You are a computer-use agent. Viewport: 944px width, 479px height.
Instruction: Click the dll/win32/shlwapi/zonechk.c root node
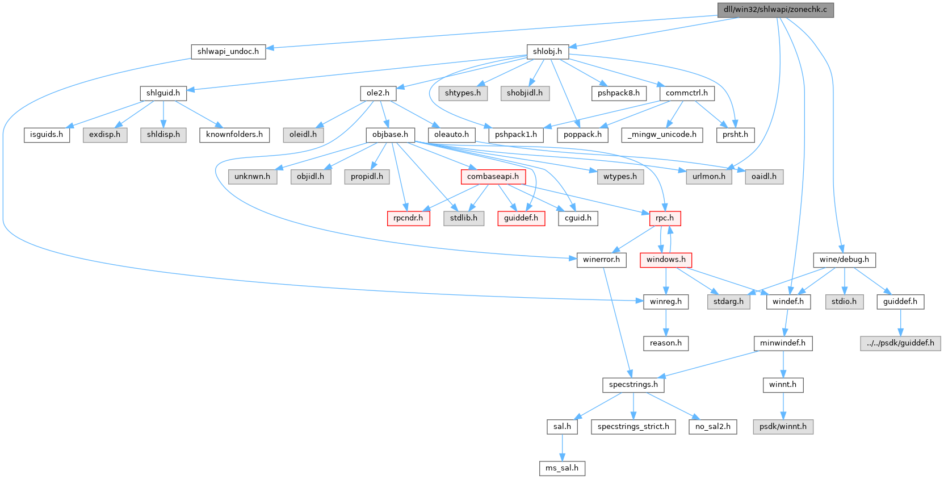pyautogui.click(x=775, y=10)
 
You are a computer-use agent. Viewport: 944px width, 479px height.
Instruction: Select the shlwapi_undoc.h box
pyautogui.click(x=228, y=51)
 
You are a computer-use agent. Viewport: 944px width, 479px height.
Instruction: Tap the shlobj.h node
pyautogui.click(x=547, y=51)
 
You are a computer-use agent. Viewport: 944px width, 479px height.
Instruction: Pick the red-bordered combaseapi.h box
pyautogui.click(x=493, y=177)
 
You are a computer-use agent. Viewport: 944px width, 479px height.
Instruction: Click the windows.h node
pyautogui.click(x=666, y=260)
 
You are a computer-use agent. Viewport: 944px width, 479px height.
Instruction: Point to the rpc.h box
pyautogui.click(x=665, y=218)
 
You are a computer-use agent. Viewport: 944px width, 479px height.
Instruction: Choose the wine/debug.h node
pyautogui.click(x=844, y=260)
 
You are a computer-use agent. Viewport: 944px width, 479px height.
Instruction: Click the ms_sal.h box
pyautogui.click(x=562, y=468)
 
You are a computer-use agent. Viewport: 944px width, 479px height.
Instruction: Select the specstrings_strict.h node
pyautogui.click(x=633, y=427)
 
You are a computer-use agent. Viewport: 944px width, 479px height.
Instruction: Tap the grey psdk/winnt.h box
pyautogui.click(x=783, y=427)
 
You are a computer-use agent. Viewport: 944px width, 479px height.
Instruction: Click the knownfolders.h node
pyautogui.click(x=234, y=135)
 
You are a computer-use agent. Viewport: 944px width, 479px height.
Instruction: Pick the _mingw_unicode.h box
pyautogui.click(x=662, y=135)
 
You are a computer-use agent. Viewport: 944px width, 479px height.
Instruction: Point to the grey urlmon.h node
pyautogui.click(x=708, y=177)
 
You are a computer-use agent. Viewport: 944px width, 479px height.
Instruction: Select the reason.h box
pyautogui.click(x=666, y=343)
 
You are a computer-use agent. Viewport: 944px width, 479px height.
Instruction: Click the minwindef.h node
pyautogui.click(x=783, y=343)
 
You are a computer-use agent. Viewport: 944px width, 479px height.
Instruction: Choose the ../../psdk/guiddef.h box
pyautogui.click(x=900, y=343)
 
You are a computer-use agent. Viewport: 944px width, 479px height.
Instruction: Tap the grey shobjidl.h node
pyautogui.click(x=525, y=93)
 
